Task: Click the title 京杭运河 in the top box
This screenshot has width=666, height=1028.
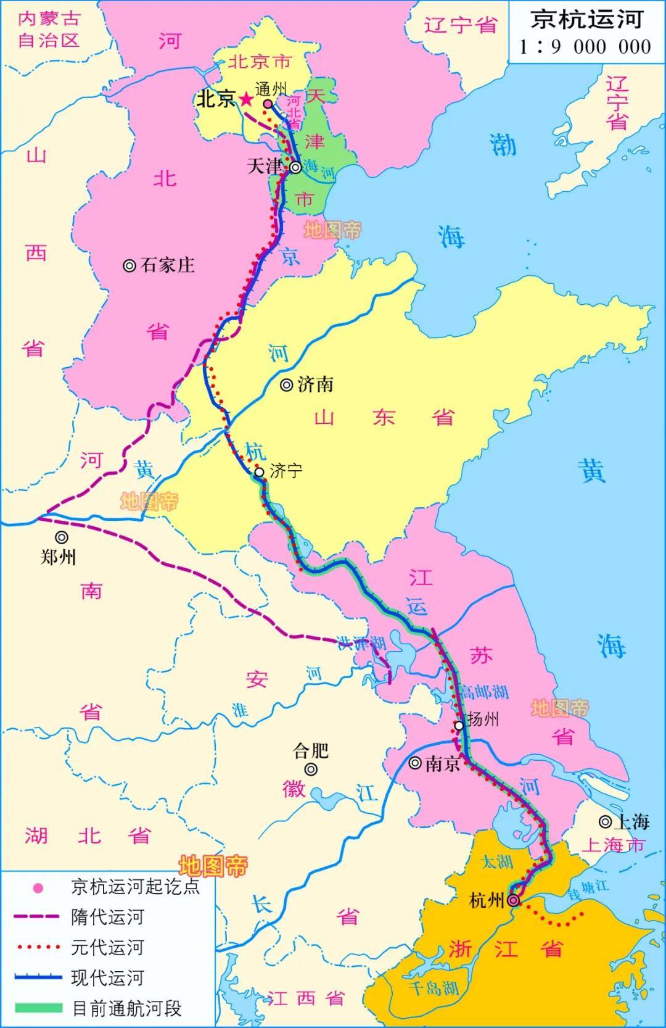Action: pyautogui.click(x=586, y=20)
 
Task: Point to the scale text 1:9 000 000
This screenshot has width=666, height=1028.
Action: pyautogui.click(x=585, y=47)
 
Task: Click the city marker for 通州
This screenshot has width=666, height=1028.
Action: pyautogui.click(x=268, y=104)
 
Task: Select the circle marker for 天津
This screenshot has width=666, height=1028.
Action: pyautogui.click(x=296, y=167)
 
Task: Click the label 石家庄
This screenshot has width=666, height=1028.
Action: pyautogui.click(x=167, y=265)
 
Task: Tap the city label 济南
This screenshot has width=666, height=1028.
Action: pyautogui.click(x=315, y=385)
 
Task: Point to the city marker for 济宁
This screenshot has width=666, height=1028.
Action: pyautogui.click(x=259, y=473)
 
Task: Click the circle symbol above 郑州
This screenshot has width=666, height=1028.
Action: pyautogui.click(x=61, y=537)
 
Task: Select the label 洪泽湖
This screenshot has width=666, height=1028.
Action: pyautogui.click(x=361, y=644)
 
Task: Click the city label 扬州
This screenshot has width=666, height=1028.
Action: pyautogui.click(x=483, y=719)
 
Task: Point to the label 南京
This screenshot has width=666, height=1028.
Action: pyautogui.click(x=443, y=764)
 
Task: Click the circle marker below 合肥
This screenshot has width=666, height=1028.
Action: pyautogui.click(x=311, y=769)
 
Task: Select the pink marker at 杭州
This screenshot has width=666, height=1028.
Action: pyautogui.click(x=513, y=901)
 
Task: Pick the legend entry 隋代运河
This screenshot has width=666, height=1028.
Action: pyautogui.click(x=107, y=918)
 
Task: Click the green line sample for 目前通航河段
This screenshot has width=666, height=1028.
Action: pyautogui.click(x=38, y=1008)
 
